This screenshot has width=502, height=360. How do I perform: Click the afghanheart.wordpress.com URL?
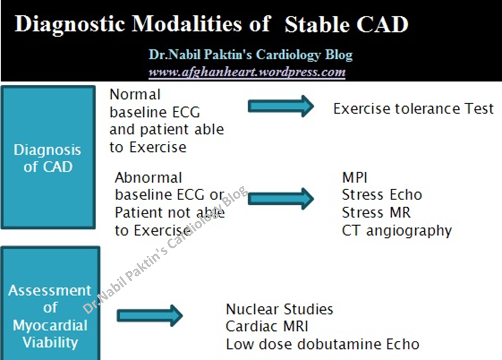pos(247,72)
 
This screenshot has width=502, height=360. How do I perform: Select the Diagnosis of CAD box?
pos(48,157)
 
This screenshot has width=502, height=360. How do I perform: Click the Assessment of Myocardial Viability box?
pos(50,305)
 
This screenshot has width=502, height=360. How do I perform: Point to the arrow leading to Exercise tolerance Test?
pos(280,106)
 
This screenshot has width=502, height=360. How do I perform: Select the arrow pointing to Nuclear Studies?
pos(149,315)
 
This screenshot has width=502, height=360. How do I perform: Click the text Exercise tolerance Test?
pos(413,109)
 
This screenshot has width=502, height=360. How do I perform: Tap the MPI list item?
pos(354,177)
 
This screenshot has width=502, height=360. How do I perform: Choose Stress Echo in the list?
pos(382,195)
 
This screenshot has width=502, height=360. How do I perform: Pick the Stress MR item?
pos(376,213)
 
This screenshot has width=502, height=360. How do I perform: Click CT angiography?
pos(396,231)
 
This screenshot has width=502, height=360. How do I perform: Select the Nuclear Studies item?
pos(279,309)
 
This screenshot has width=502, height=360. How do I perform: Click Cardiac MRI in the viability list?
pos(267,326)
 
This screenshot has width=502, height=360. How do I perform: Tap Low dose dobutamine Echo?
pos(322,344)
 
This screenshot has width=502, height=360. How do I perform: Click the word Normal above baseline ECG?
pos(135,95)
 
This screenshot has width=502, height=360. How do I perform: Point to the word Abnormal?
pos(148,177)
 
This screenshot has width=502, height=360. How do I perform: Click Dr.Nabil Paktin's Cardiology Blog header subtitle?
pos(250,55)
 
